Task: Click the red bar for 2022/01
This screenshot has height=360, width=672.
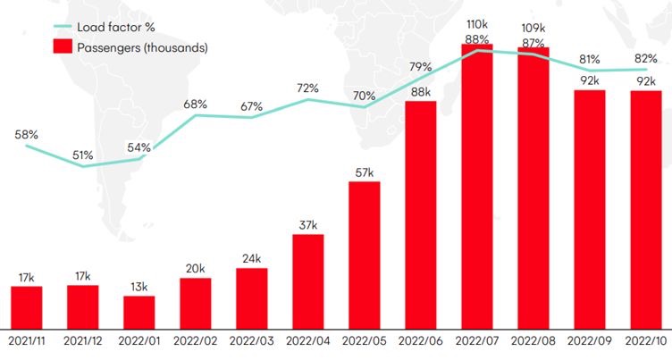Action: [x=139, y=313]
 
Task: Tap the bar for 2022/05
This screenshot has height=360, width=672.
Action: [x=364, y=255]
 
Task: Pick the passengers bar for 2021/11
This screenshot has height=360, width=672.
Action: [x=27, y=307]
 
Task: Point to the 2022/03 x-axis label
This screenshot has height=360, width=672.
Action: [x=251, y=342]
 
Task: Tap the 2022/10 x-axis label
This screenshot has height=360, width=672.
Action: [x=645, y=342]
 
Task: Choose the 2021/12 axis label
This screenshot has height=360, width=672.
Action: [x=83, y=342]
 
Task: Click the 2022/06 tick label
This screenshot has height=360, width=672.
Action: [x=420, y=342]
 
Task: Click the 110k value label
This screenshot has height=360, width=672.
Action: [x=476, y=25]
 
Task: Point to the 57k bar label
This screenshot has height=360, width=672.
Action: [x=364, y=172]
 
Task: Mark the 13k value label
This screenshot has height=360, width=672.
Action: [x=139, y=286]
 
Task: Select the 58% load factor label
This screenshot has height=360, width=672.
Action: [x=27, y=135]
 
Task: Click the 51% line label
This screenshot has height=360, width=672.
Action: [x=83, y=155]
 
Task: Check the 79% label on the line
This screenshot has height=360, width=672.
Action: [x=420, y=67]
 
